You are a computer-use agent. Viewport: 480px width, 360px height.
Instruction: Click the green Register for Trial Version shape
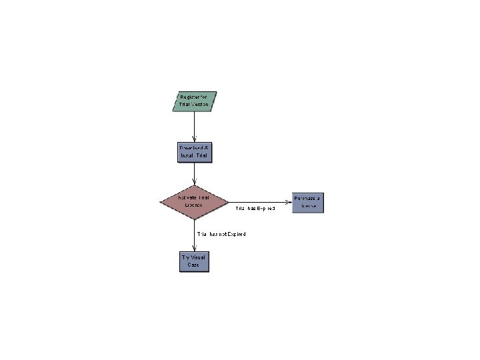(193, 101)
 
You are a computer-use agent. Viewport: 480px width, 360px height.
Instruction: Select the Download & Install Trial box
(194, 151)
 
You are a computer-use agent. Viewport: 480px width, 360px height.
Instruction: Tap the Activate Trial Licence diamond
(194, 201)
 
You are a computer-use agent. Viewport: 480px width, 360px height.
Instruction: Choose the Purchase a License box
(308, 202)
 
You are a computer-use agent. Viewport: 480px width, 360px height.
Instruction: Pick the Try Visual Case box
(194, 261)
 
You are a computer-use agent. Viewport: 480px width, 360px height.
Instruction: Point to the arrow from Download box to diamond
(194, 173)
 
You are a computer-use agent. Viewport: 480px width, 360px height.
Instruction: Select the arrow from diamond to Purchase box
(260, 202)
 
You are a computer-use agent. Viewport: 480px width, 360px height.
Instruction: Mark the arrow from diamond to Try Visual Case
(194, 233)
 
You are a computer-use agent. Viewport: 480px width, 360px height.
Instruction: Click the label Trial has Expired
(255, 209)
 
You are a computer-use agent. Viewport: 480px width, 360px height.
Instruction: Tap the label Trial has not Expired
(221, 234)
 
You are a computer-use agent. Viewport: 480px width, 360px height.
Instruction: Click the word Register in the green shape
(189, 97)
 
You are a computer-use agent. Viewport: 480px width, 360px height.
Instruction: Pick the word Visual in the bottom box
(197, 257)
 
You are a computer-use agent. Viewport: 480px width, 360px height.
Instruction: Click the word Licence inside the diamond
(193, 205)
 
